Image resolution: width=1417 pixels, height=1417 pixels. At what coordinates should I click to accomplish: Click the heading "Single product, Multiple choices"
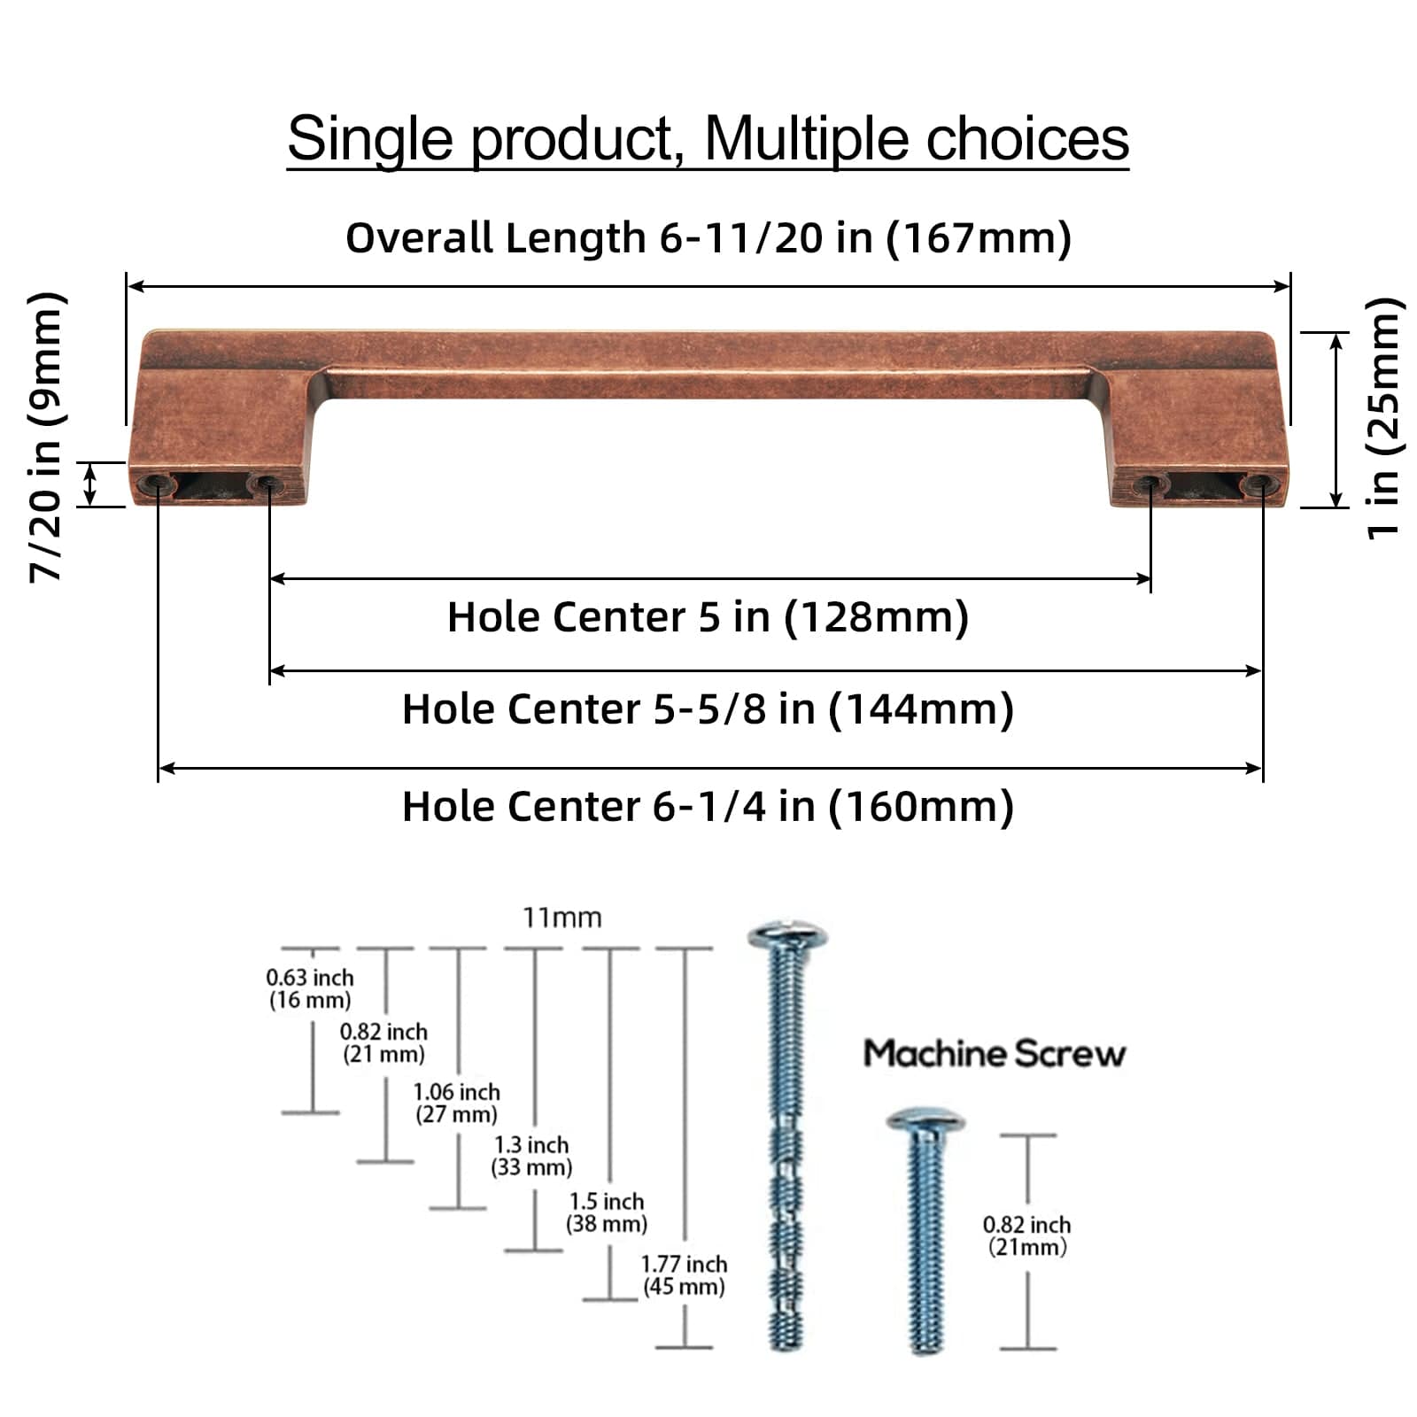708,139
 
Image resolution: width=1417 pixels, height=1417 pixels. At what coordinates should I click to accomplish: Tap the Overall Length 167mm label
708,237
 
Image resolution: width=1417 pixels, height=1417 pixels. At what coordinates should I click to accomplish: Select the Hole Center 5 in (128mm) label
708,616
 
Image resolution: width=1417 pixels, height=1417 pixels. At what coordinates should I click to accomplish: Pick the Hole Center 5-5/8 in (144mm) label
708,708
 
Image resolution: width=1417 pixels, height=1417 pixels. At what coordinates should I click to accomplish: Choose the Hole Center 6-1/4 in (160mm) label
708,806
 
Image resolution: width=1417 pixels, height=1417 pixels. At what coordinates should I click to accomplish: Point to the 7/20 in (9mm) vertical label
46,436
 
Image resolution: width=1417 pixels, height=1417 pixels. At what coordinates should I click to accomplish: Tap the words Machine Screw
994,1053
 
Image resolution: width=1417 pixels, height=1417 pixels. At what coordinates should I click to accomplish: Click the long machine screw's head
786,936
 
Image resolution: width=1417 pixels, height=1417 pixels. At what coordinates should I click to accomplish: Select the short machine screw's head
925,1121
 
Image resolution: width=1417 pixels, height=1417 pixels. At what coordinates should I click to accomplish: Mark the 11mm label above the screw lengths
561,918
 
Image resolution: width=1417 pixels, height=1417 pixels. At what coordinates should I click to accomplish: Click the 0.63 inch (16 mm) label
310,988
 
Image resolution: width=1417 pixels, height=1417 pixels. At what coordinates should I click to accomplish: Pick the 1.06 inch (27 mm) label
456,1103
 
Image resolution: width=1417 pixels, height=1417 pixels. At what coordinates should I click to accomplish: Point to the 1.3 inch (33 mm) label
531,1156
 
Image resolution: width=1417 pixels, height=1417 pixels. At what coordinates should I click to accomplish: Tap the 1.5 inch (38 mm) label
607,1212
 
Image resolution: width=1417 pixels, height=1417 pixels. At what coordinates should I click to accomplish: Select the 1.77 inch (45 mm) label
684,1275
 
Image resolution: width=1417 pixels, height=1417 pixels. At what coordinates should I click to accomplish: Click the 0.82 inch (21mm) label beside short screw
1026,1235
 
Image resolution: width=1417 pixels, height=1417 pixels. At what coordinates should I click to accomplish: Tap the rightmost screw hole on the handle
1258,484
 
